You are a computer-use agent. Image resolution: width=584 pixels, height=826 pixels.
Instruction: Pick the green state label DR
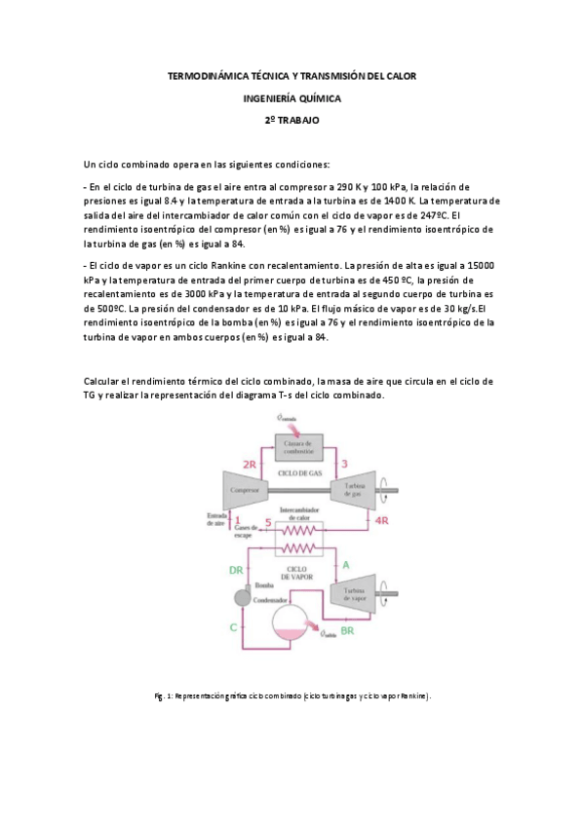pos(235,570)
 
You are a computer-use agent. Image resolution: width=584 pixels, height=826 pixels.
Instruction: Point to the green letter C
pos(233,627)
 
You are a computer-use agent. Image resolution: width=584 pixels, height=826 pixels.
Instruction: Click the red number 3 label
pos(344,463)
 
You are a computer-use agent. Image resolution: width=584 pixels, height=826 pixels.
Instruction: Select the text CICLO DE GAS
pos(299,472)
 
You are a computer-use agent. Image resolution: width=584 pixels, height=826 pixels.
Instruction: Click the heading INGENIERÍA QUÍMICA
pos(292,97)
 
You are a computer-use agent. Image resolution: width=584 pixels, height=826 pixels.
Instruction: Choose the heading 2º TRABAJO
pos(292,120)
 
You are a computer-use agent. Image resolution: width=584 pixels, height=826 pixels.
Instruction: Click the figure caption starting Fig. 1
pos(292,697)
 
